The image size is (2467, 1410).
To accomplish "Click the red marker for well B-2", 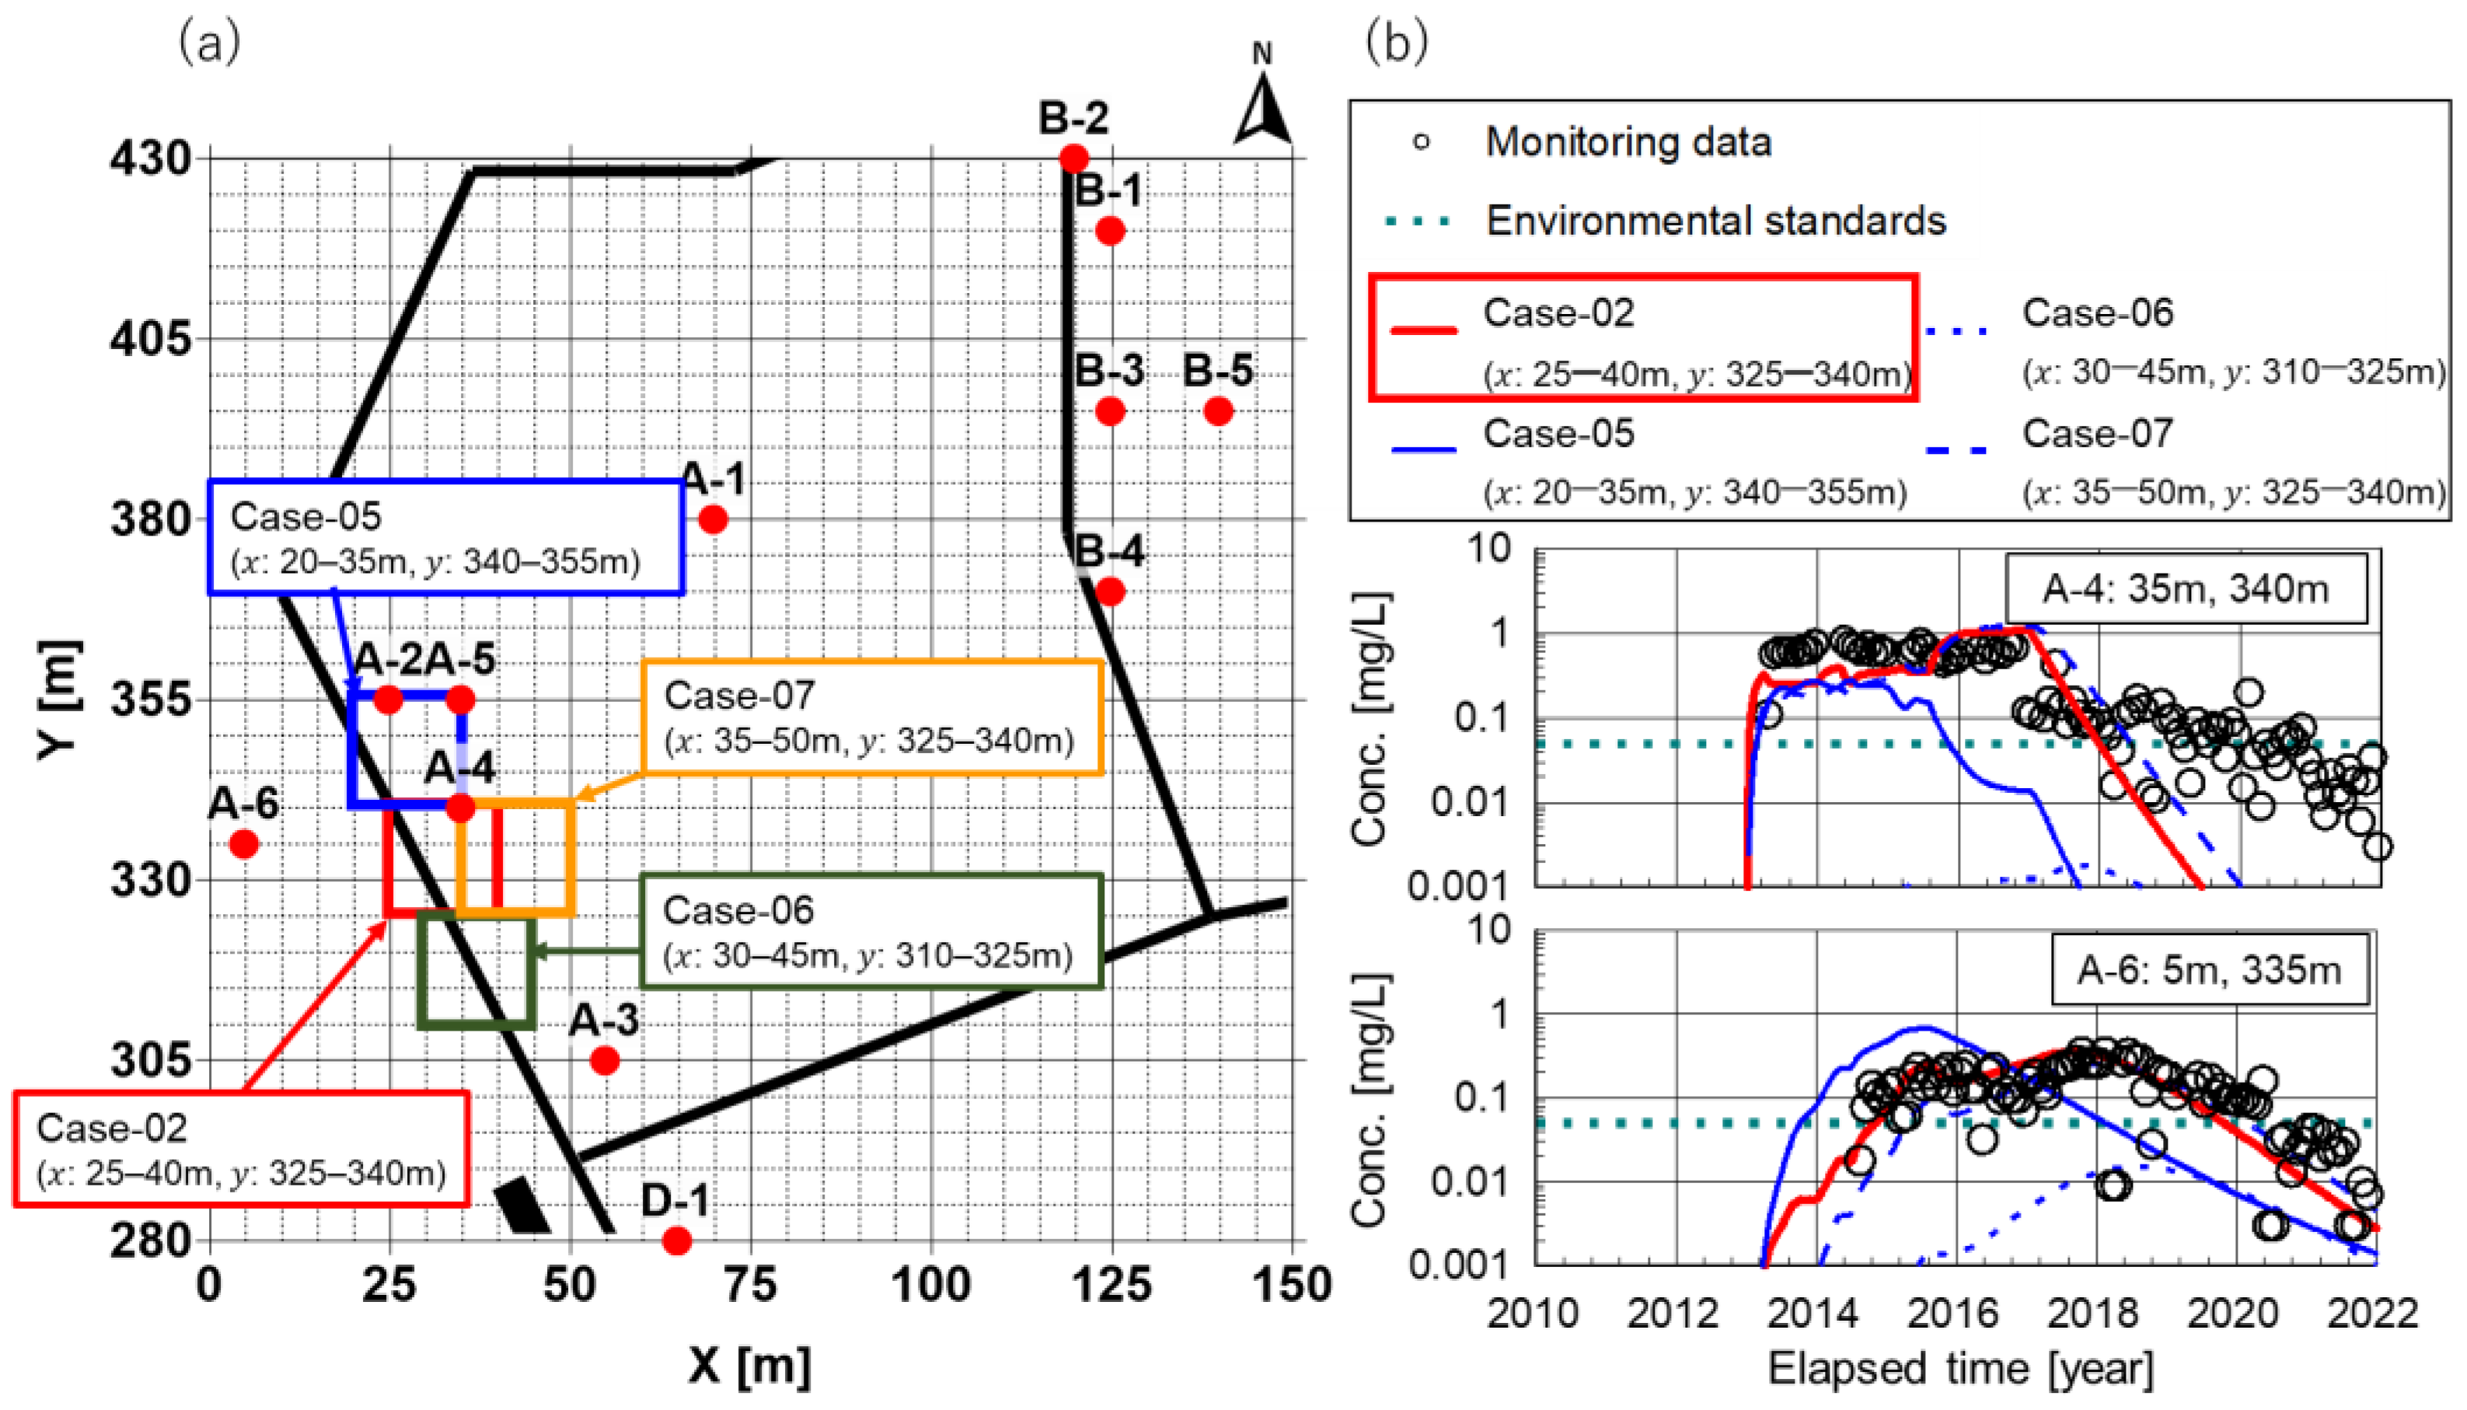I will point(1073,158).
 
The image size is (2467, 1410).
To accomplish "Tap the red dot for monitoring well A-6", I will point(244,844).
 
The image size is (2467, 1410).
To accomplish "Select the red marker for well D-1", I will point(677,1241).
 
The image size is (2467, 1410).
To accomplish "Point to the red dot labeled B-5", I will point(1218,411).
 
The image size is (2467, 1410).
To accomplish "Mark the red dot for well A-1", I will point(714,520).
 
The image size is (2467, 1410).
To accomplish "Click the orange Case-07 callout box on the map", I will point(871,718).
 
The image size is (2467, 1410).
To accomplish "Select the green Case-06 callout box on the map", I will point(871,932).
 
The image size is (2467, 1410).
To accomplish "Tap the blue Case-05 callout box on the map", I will point(445,537).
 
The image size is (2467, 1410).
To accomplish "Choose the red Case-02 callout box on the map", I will point(241,1150).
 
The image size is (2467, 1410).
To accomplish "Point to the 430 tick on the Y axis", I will point(149,158).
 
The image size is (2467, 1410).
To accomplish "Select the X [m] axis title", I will point(750,1366).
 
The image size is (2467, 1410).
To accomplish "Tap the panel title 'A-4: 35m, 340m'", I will point(2186,588).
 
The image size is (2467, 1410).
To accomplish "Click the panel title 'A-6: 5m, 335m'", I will point(2208,969).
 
